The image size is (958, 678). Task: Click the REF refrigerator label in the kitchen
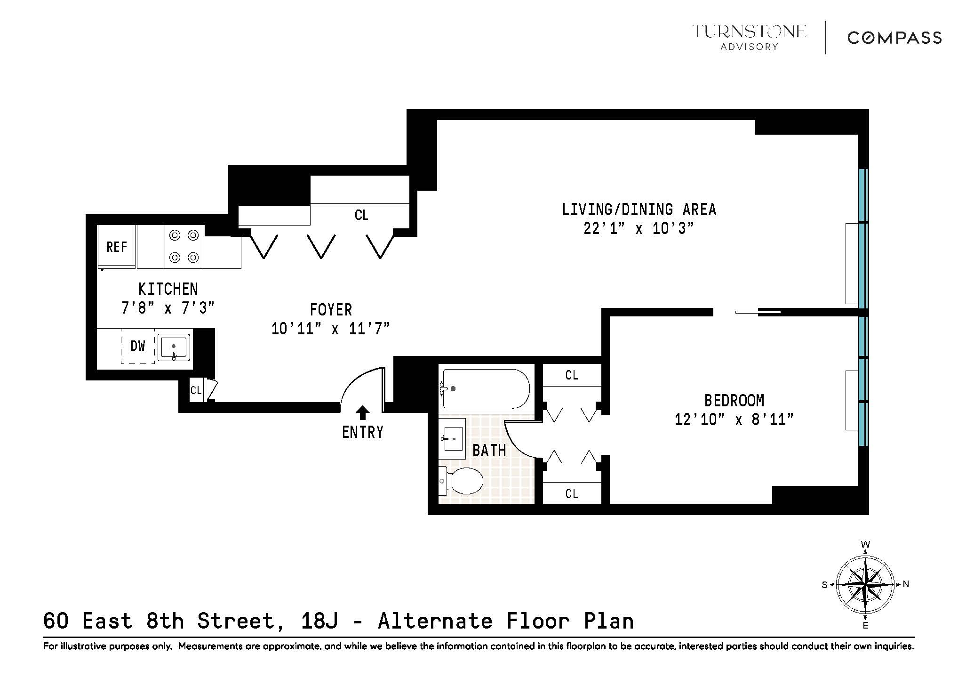tap(117, 247)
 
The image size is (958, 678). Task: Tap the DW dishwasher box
tap(138, 347)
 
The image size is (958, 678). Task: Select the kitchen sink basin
tap(174, 347)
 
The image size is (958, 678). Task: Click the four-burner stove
tap(184, 246)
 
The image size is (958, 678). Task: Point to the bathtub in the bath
tap(486, 388)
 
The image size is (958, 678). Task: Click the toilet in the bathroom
tap(462, 481)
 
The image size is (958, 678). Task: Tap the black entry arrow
tap(362, 413)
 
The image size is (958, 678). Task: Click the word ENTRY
tap(362, 432)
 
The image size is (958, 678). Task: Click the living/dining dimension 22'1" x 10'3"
tap(639, 229)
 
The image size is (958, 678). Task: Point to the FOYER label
tap(331, 310)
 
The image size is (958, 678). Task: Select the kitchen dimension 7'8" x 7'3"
tap(168, 308)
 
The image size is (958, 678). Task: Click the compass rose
tap(865, 584)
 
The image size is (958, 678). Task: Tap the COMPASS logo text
tap(894, 38)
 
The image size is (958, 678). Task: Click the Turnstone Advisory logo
tap(749, 37)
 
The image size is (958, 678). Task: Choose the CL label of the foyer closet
tap(361, 215)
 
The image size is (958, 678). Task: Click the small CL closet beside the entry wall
tap(196, 390)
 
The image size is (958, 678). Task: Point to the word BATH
tap(489, 451)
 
